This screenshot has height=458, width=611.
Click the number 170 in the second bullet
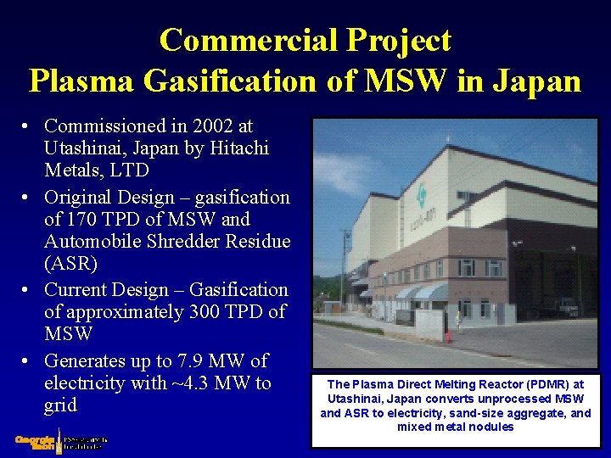coord(83,220)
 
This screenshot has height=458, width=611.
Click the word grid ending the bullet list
coord(60,405)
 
